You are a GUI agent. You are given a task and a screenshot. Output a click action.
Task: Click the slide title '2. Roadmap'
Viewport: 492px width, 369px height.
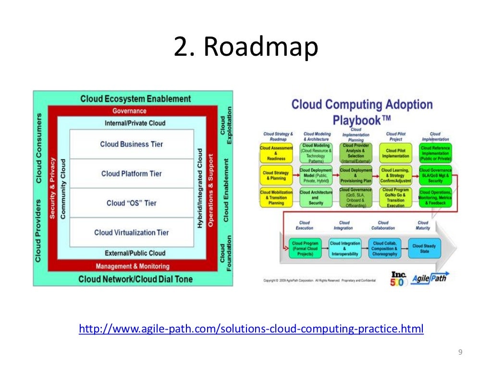(246, 48)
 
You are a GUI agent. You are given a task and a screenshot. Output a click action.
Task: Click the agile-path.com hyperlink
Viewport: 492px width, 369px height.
(251, 329)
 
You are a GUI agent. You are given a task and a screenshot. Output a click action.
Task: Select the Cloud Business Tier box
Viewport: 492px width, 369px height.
(132, 144)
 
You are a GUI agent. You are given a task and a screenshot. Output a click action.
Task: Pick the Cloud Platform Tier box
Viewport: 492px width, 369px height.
(132, 173)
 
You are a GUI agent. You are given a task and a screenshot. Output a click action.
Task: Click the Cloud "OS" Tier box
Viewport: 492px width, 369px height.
(132, 203)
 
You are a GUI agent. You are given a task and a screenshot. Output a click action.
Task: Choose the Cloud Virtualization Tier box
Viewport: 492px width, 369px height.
(132, 232)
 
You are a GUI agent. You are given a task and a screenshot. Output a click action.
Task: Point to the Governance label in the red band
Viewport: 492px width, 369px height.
(130, 111)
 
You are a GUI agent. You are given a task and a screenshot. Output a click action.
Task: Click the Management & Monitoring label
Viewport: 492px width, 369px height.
(133, 266)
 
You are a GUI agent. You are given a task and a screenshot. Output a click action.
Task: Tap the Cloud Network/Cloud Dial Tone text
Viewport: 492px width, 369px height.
(135, 279)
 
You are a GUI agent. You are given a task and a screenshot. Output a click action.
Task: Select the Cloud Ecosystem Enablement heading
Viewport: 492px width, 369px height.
(135, 99)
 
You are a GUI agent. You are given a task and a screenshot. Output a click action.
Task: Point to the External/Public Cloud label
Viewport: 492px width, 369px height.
(135, 253)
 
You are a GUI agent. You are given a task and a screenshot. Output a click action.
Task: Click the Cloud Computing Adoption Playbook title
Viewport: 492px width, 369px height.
(362, 111)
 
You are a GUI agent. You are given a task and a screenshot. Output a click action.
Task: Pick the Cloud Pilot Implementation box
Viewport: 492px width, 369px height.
(395, 153)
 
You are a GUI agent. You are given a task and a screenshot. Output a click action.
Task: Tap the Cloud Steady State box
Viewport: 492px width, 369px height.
(424, 249)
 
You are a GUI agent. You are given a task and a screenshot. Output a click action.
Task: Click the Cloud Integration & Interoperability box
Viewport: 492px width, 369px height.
(344, 249)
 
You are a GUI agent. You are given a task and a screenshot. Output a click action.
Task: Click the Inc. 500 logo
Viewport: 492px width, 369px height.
(398, 279)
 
